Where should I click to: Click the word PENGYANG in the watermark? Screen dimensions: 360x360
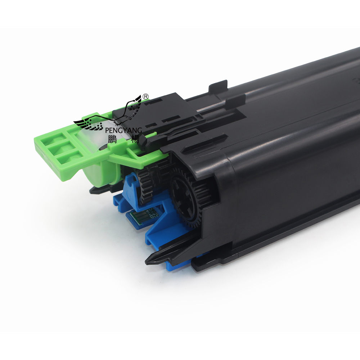(x=123, y=130)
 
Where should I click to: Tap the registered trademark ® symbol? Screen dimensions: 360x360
(x=145, y=96)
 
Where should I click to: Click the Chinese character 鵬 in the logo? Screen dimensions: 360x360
(x=112, y=139)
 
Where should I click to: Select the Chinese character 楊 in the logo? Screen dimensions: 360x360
(x=136, y=139)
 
